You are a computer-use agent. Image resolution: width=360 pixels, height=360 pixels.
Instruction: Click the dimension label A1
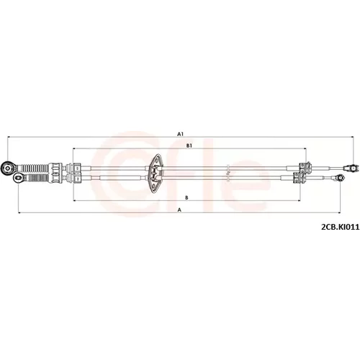(180, 134)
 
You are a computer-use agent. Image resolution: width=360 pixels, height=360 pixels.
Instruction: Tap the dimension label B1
(189, 145)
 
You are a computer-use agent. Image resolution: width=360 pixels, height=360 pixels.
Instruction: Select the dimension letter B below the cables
(186, 198)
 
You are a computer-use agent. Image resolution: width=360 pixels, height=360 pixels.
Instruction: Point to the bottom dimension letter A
(179, 210)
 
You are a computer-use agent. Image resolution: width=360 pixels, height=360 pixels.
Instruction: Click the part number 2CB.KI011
(341, 227)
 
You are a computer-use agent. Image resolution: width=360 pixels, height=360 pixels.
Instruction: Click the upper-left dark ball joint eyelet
(7, 167)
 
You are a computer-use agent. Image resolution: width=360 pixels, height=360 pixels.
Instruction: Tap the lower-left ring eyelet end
(19, 178)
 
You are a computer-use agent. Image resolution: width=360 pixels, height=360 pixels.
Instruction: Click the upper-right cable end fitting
(351, 168)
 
